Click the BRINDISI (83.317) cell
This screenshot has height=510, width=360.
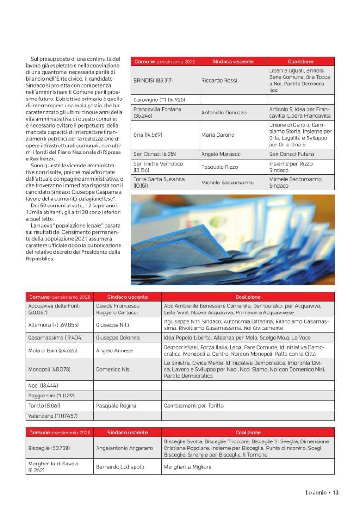click(x=153, y=80)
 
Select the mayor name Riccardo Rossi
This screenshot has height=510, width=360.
click(x=219, y=80)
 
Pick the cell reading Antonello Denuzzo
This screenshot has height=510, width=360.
click(x=224, y=113)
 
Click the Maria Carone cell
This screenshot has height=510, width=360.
click(x=217, y=135)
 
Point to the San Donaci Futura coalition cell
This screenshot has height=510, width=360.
click(x=291, y=154)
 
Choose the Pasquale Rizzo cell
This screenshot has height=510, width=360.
click(x=219, y=167)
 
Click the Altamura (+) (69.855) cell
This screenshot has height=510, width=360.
click(x=53, y=325)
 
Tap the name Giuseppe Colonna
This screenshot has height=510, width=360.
click(x=117, y=337)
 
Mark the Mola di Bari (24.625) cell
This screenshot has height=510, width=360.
click(x=52, y=350)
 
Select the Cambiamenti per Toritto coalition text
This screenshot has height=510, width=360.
click(x=194, y=405)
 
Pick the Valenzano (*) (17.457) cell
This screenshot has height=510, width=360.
click(x=52, y=416)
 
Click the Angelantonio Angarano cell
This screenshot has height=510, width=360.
click(x=124, y=448)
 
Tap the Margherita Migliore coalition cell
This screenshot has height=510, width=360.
click(x=187, y=467)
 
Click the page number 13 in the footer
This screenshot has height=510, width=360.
click(x=335, y=492)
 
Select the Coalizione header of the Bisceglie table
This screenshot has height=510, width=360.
click(x=247, y=432)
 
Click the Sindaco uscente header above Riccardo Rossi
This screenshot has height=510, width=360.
click(x=232, y=61)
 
